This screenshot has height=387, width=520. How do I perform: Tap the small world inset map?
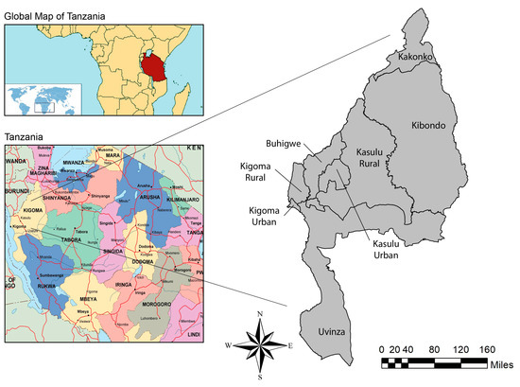pyautogui.click(x=43, y=98)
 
